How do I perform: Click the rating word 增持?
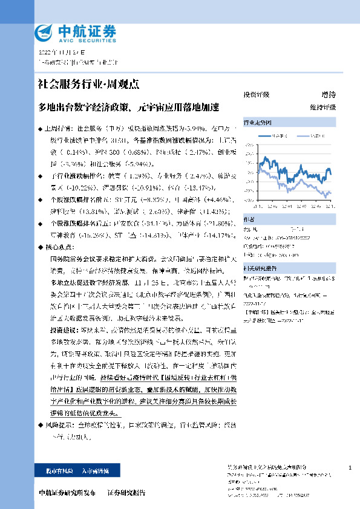click(329, 95)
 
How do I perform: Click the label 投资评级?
click(257, 95)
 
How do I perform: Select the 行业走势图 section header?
click(257, 122)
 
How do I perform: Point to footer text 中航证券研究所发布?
click(67, 493)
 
